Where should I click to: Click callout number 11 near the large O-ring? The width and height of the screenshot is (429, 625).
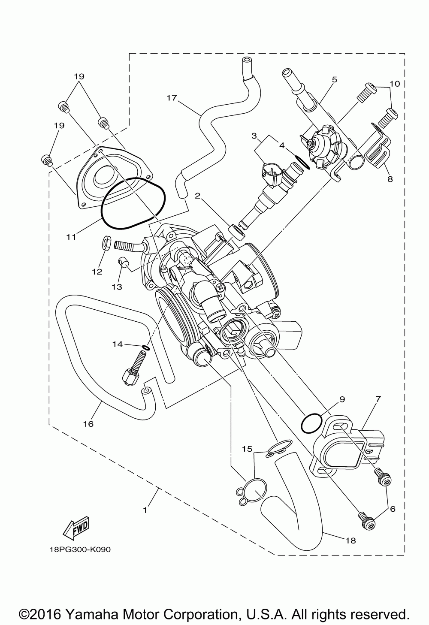pyautogui.click(x=71, y=236)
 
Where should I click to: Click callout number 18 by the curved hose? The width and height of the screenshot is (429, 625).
pyautogui.click(x=350, y=540)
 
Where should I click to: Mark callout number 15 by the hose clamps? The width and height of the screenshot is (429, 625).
pyautogui.click(x=247, y=449)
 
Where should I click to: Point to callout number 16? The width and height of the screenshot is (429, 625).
pyautogui.click(x=88, y=424)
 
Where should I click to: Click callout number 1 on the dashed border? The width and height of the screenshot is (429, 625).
pyautogui.click(x=145, y=510)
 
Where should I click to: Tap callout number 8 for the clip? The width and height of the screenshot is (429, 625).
pyautogui.click(x=390, y=179)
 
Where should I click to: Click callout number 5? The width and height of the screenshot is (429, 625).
pyautogui.click(x=335, y=79)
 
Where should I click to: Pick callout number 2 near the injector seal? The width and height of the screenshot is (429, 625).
pyautogui.click(x=198, y=196)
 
